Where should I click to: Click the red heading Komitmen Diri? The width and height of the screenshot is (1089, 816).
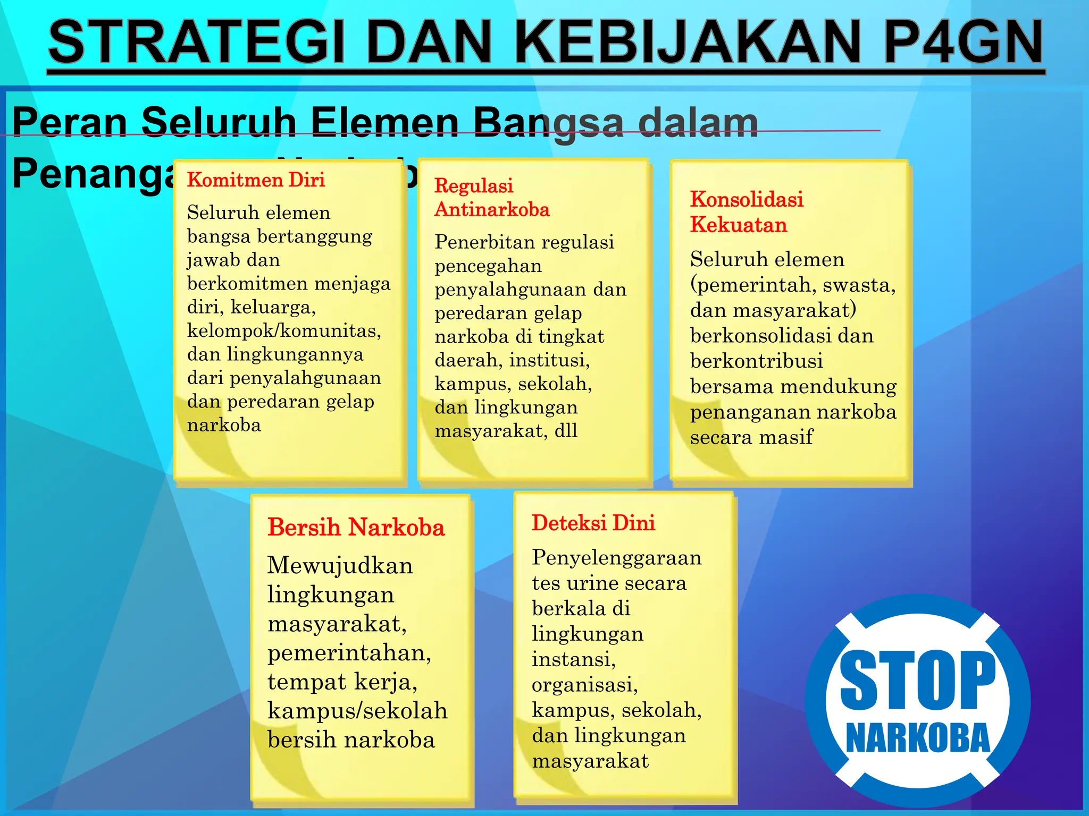[x=256, y=180]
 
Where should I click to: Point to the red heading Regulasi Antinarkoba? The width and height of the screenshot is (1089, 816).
[x=491, y=198]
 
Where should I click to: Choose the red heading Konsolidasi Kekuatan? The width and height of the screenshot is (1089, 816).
[x=746, y=211]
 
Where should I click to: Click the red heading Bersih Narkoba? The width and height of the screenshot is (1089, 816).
[x=356, y=528]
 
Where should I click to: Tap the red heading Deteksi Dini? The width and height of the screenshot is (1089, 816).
[x=593, y=523]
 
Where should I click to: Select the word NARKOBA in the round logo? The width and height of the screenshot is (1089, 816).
[x=918, y=738]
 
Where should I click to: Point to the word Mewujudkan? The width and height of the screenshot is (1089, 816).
[x=340, y=565]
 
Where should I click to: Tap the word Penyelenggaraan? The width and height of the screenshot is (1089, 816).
[x=617, y=558]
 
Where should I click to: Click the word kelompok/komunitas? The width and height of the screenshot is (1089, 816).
[x=284, y=331]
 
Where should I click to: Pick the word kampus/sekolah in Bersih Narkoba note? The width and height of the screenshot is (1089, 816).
[x=357, y=711]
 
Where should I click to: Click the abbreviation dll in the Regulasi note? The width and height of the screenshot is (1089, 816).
[x=566, y=431]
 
